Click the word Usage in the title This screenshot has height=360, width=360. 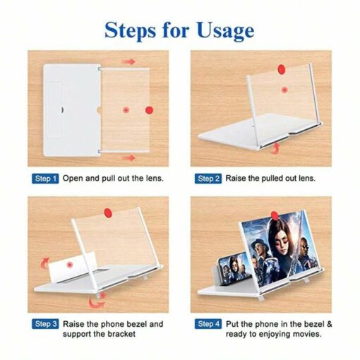[x=226, y=31]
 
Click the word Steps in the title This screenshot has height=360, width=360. [x=130, y=31]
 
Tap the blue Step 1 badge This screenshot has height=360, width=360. [x=45, y=179]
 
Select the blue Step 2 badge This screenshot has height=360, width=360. [x=208, y=179]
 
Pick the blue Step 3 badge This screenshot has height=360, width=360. [x=45, y=324]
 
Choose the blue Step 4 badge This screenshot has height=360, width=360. [x=208, y=324]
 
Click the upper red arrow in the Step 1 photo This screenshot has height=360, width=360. [x=128, y=61]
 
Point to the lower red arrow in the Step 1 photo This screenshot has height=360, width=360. [x=128, y=157]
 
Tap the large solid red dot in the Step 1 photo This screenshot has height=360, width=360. [x=149, y=110]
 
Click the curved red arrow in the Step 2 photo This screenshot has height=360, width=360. [x=276, y=149]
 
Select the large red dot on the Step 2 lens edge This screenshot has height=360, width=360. [x=282, y=69]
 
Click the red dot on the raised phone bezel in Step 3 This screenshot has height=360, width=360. [x=69, y=265]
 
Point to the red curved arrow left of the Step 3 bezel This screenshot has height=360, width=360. [x=44, y=263]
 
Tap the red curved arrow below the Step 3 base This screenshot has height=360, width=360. [x=97, y=301]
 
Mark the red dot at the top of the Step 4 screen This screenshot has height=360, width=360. [x=275, y=215]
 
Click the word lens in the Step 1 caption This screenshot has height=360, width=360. [x=155, y=178]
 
